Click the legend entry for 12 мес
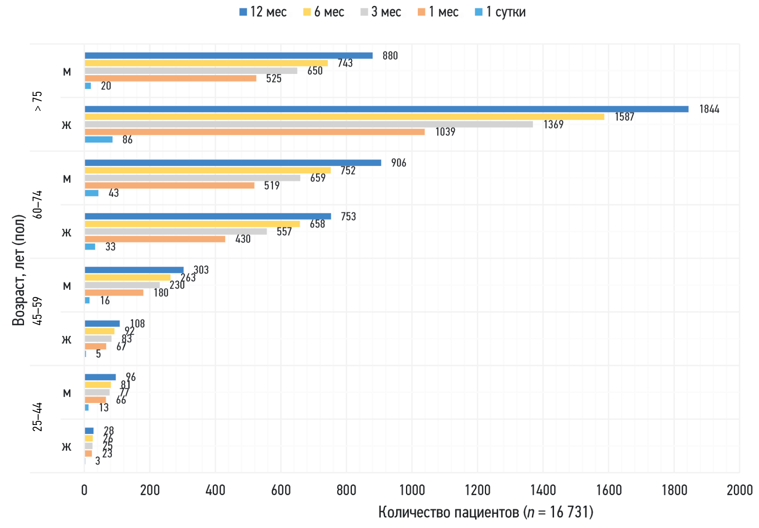[x=263, y=12]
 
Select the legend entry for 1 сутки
[x=500, y=12]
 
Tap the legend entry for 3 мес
[x=380, y=12]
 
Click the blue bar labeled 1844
[x=386, y=109]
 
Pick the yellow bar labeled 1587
[x=344, y=117]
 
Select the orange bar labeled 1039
[x=254, y=132]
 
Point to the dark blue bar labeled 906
[x=233, y=163]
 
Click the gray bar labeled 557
[x=176, y=232]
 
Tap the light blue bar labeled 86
[x=99, y=140]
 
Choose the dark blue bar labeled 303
[x=134, y=270]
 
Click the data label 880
[x=390, y=56]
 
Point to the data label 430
[x=243, y=239]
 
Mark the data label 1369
[x=553, y=125]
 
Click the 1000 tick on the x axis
[x=412, y=490]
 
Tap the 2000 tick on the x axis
[x=739, y=490]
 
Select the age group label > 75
[x=37, y=101]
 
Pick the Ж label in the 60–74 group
[x=67, y=233]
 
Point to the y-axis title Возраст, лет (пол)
[x=18, y=270]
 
